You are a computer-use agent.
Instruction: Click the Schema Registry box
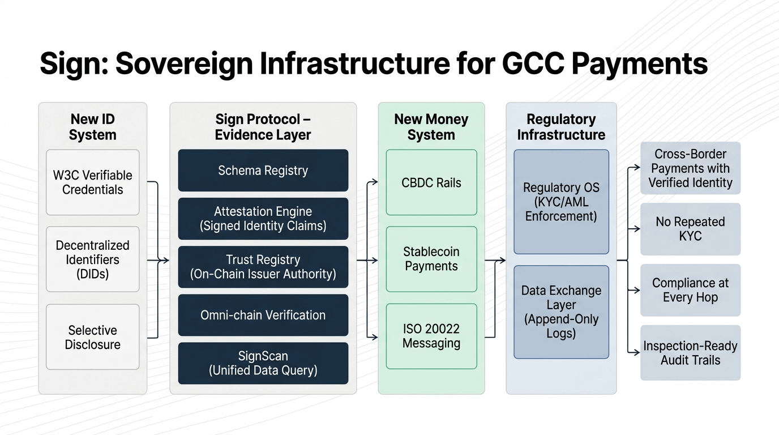pos(263,170)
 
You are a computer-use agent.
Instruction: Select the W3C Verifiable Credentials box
pos(92,182)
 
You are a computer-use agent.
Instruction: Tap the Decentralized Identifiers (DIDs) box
pos(92,259)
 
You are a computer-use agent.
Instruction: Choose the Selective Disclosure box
pos(92,337)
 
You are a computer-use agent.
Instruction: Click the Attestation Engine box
pos(263,219)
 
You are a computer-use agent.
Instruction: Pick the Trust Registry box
pos(263,267)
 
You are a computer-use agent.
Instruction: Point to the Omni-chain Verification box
pos(263,315)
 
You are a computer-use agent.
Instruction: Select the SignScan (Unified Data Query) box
pos(263,363)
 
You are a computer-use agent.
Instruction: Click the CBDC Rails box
pos(431,182)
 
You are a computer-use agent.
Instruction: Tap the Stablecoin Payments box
pos(431,259)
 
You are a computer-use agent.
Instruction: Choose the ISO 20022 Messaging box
pos(431,336)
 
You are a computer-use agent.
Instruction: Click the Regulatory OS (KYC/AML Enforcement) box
pos(561,202)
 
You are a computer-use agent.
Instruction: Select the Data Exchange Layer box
pos(561,312)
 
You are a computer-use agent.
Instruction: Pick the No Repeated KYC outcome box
pos(690,229)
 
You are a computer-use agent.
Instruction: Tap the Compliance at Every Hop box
pos(690,290)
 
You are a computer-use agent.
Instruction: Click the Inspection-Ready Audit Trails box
pos(690,353)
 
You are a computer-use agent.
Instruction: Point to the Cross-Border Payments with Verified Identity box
pos(690,168)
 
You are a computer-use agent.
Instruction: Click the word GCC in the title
pos(533,63)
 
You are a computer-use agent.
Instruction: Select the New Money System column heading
pos(431,127)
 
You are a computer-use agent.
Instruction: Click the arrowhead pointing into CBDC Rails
pos(375,182)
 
